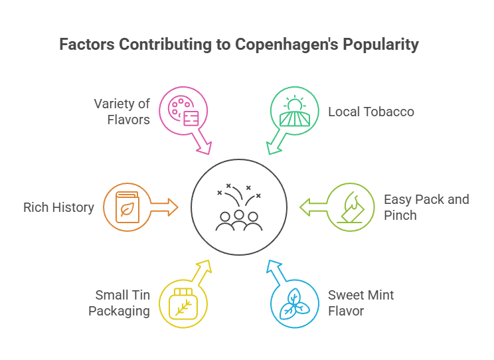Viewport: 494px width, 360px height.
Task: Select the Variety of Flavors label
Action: click(122, 112)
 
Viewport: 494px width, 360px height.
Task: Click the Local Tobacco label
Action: click(371, 112)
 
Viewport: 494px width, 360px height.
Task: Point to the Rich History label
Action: click(59, 208)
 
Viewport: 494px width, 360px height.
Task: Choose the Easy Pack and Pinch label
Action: click(426, 207)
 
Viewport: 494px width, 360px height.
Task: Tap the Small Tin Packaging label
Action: click(122, 303)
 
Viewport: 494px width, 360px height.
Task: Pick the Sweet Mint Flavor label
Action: click(361, 303)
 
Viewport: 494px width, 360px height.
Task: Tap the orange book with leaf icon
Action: click(126, 207)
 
